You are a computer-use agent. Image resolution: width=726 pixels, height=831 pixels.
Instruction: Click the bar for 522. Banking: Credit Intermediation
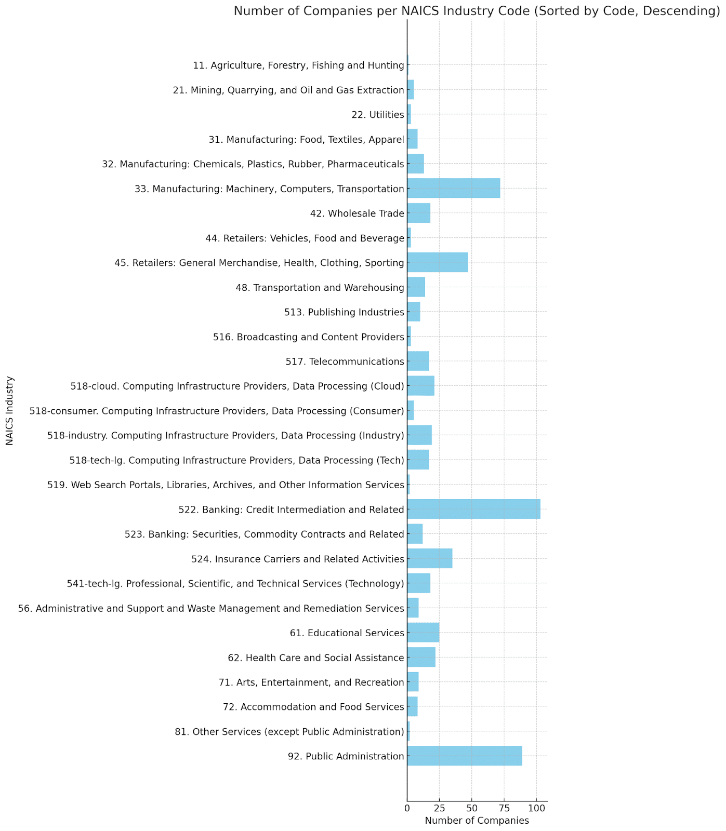point(473,509)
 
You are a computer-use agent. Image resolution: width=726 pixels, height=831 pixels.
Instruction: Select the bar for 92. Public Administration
point(465,756)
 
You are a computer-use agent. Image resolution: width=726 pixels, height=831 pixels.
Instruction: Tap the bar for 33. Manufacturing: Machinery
point(454,188)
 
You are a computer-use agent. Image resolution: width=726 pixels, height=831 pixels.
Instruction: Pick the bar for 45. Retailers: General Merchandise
point(437,262)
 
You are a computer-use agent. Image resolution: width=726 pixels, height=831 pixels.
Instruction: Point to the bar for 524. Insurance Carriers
point(430,558)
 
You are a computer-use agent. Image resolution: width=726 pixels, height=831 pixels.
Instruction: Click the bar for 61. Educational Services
point(423,633)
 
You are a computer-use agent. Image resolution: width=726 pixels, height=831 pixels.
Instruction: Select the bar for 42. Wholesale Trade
point(419,213)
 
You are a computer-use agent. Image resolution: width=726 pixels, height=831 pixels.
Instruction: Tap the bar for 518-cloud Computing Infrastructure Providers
point(421,385)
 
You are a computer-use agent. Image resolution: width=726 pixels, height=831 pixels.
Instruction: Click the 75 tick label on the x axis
point(504,808)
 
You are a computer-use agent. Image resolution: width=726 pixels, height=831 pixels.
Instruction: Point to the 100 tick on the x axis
point(537,808)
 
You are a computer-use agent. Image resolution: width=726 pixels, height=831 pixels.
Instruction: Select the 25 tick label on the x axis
point(439,808)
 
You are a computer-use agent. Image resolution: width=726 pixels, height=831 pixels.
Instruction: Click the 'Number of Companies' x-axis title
point(477,821)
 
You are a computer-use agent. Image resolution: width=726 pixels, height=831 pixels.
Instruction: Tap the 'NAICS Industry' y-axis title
point(10,410)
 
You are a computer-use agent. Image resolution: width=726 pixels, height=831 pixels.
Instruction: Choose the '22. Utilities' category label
point(378,114)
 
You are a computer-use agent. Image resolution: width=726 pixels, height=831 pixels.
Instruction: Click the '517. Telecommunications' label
point(345,361)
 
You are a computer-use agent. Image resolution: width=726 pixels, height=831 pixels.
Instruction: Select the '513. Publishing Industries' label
point(344,312)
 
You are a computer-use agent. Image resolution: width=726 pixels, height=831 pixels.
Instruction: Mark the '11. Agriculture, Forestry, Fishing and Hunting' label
point(298,65)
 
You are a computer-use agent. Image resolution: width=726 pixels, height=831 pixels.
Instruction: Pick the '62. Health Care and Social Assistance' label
point(316,658)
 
